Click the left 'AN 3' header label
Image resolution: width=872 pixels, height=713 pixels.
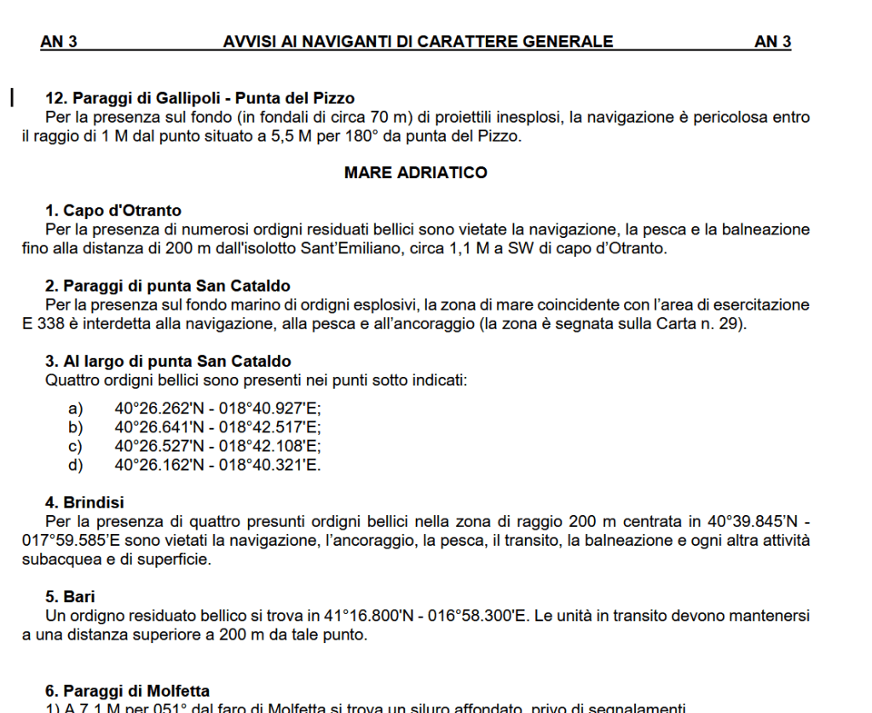(x=58, y=41)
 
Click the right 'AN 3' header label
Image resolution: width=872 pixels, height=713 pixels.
(x=772, y=41)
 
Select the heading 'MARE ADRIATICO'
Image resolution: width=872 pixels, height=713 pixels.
(x=416, y=173)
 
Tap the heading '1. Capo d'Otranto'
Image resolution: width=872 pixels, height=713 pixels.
(x=113, y=211)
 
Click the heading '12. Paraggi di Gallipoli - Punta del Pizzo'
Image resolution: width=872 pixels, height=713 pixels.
(x=199, y=99)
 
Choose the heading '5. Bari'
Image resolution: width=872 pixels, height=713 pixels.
(x=71, y=596)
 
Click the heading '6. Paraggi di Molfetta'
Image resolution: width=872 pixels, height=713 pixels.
(x=127, y=691)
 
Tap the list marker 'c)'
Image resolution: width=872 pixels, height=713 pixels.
(x=76, y=445)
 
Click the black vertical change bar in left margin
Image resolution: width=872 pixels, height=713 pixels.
(x=12, y=96)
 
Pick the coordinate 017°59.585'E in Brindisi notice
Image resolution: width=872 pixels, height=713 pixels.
(x=68, y=541)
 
